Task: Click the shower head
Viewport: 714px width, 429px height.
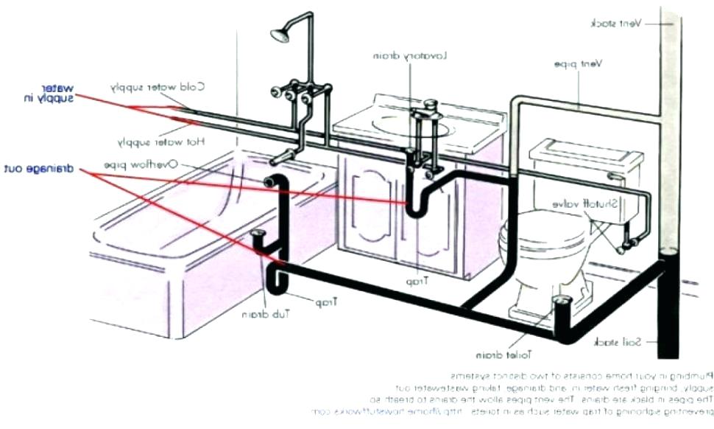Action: (x=280, y=34)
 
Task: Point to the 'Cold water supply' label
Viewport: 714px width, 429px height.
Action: (x=158, y=86)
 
